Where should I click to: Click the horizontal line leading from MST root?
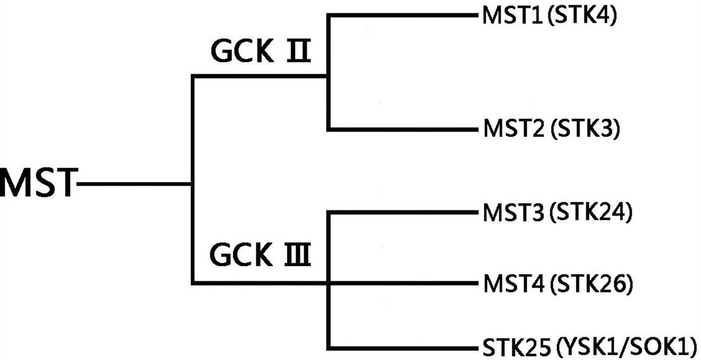click(x=134, y=185)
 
